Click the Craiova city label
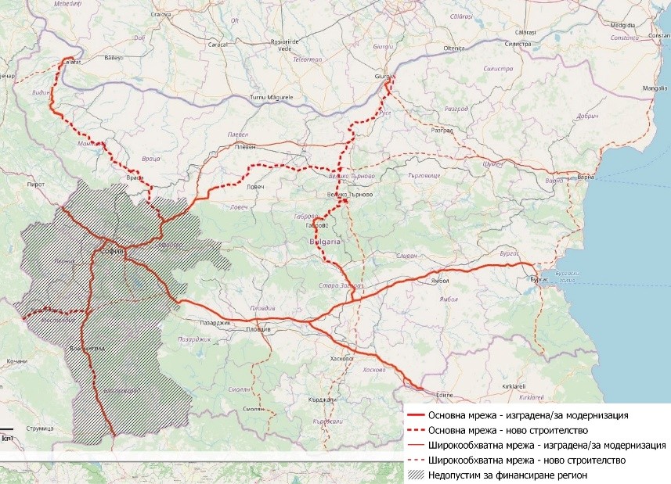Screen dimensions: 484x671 click(161, 14)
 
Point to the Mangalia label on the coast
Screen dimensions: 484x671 click(655, 89)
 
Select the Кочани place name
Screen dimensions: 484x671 click(16, 361)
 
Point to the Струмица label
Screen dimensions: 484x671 click(38, 429)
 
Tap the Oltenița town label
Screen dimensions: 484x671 click(454, 48)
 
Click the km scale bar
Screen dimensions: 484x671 click(8, 432)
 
